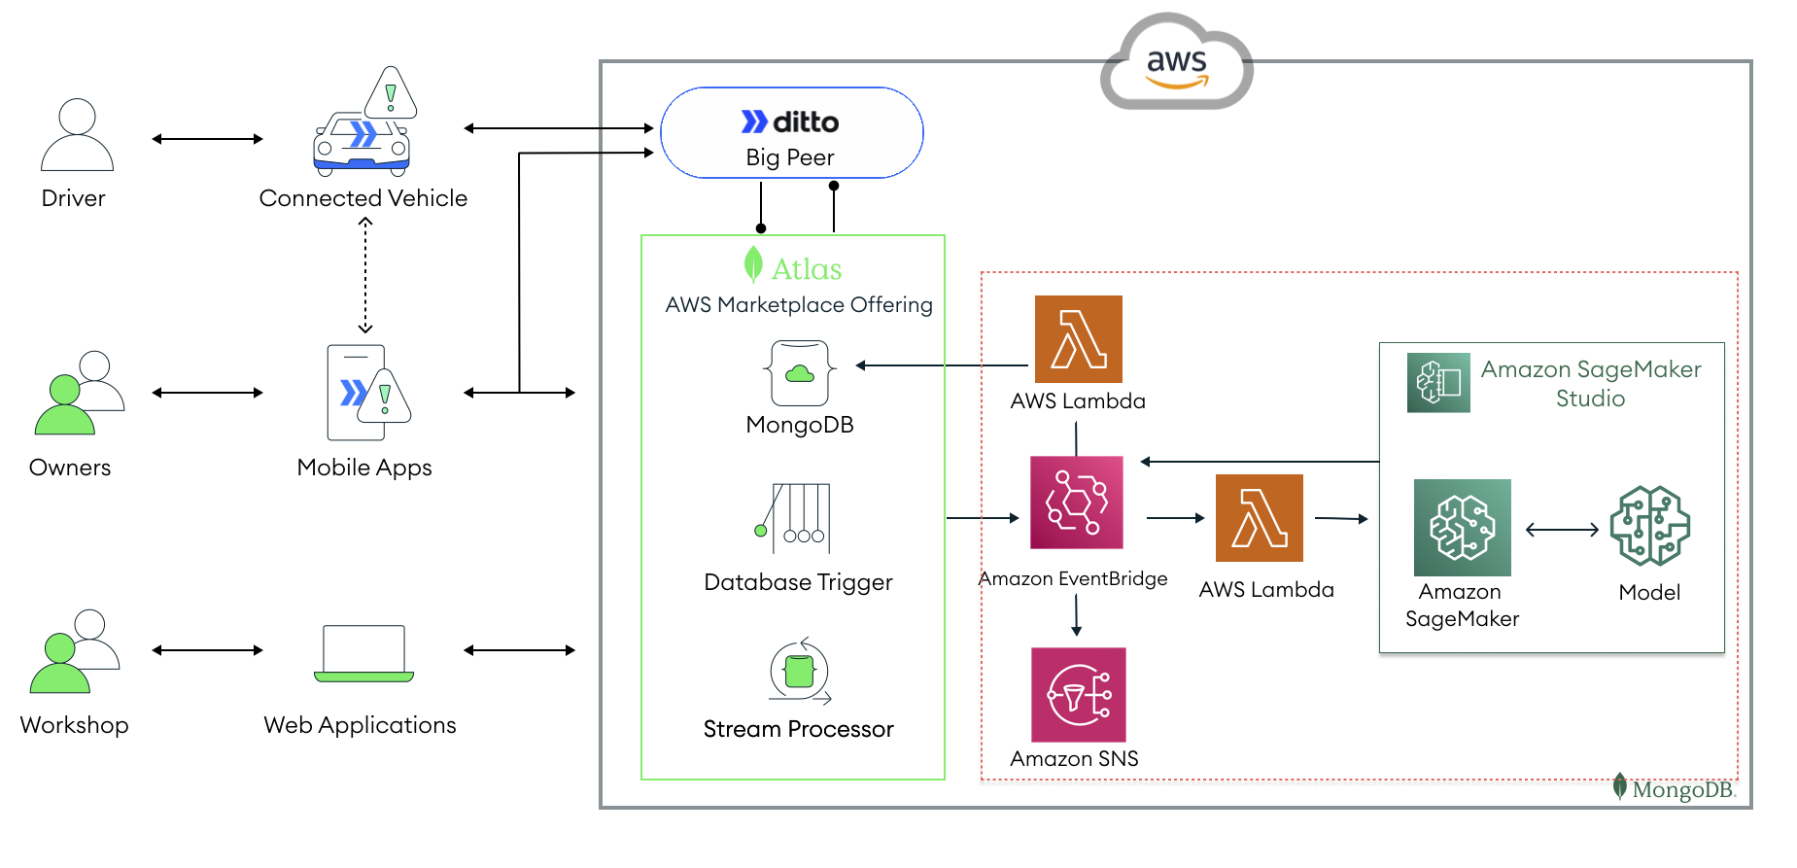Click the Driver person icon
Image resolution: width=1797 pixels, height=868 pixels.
point(77,135)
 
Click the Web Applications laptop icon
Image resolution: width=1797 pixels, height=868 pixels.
point(363,654)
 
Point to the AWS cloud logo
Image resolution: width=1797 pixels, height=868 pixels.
point(1176,63)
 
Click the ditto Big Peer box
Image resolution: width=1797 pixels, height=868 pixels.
point(791,133)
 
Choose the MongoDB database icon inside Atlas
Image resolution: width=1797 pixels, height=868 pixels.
point(799,372)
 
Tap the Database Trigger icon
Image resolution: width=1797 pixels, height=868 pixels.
point(794,518)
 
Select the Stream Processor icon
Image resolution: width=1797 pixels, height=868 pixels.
point(799,671)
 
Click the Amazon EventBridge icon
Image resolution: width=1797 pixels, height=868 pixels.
point(1076,503)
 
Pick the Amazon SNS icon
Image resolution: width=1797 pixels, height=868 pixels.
point(1078,695)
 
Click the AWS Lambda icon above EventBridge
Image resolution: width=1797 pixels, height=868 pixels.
point(1078,339)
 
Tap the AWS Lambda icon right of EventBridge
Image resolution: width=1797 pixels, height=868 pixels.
point(1259,518)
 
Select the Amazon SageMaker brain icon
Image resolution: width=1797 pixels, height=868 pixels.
point(1462,528)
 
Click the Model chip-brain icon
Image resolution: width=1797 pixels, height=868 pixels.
point(1649,526)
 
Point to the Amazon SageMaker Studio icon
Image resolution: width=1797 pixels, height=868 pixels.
point(1438,383)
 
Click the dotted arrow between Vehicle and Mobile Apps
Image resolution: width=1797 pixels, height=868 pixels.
point(365,276)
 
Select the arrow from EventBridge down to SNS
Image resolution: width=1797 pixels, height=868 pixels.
point(1076,614)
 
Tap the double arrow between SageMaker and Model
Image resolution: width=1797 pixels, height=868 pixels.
point(1562,530)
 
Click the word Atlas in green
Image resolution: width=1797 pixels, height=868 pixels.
point(806,269)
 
